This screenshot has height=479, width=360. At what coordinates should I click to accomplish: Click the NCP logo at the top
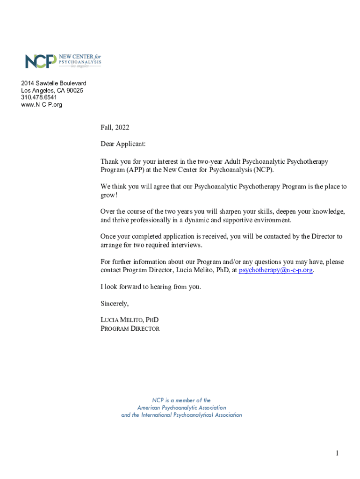tap(63, 61)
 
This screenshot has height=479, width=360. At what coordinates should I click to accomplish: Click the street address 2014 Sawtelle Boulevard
tap(54, 83)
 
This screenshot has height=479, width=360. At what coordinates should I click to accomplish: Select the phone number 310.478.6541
tap(39, 97)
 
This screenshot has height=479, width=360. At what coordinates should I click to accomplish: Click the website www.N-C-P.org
tap(41, 104)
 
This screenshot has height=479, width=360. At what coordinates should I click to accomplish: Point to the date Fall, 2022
tap(115, 127)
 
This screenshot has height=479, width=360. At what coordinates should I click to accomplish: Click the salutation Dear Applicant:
tap(123, 144)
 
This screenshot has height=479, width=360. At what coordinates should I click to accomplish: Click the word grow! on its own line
tap(109, 195)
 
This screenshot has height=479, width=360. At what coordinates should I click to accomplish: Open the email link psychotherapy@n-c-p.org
tap(276, 270)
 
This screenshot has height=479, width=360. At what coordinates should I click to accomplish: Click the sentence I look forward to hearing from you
tap(151, 287)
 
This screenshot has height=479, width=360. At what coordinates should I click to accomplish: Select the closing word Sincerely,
tap(115, 304)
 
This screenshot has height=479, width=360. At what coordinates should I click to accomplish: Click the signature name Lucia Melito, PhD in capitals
tap(130, 320)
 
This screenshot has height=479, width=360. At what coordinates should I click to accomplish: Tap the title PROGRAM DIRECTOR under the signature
tap(130, 328)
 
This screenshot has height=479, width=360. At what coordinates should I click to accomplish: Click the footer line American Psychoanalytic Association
tap(181, 407)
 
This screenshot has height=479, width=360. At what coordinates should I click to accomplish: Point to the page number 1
tap(337, 453)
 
